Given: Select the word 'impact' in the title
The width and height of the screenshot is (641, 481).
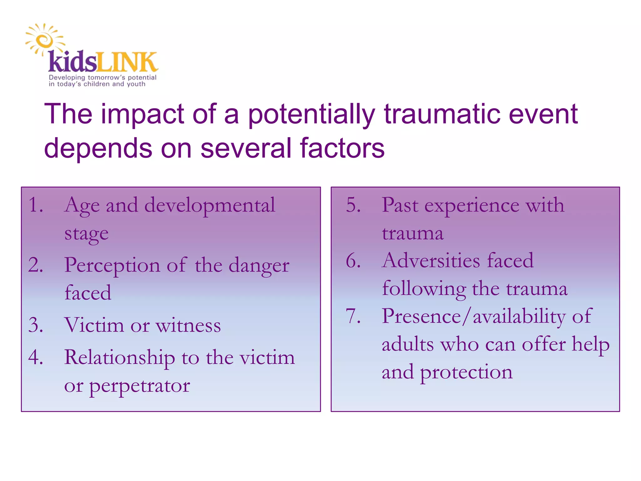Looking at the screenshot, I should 142,115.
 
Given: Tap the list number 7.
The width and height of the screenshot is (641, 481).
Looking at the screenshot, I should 353,316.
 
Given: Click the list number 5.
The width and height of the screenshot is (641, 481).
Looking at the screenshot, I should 353,205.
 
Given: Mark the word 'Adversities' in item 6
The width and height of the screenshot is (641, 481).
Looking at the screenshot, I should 431,261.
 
